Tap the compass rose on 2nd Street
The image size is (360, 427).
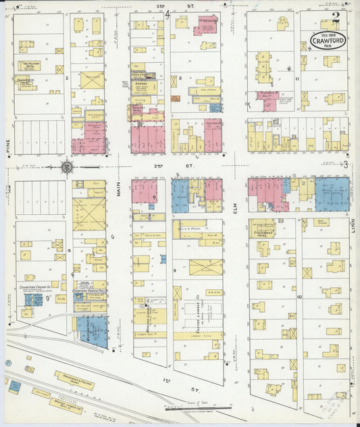(68, 165)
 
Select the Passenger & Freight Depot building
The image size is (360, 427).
(79, 383)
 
